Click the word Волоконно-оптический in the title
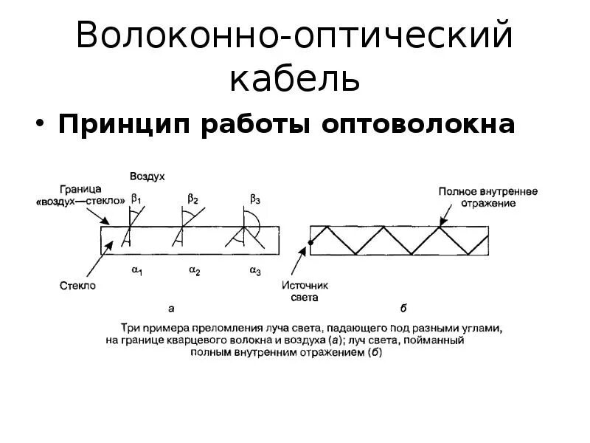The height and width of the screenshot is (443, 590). (294, 38)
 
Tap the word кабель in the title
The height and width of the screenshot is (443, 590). (294, 79)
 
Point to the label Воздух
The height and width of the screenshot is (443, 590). (147, 177)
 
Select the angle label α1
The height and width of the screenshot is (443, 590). (137, 272)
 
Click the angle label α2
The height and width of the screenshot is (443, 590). (195, 272)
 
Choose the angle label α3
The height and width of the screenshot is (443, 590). (255, 272)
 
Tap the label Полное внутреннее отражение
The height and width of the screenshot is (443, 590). (487, 196)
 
